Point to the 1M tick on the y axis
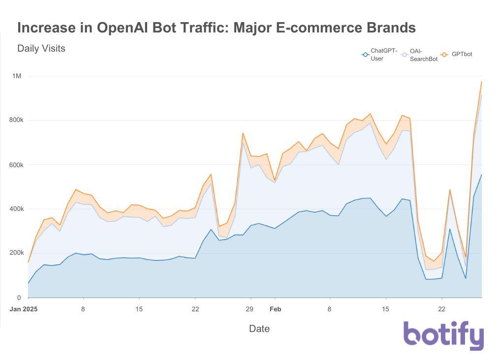coord(17,76)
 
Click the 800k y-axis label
coord(16,120)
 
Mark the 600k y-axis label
coord(16,165)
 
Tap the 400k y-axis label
coord(16,209)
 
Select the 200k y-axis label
coord(16,253)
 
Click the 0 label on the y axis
coord(19,298)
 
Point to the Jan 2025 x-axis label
coord(24,309)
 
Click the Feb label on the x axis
coord(275,309)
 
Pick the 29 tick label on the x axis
coord(249,309)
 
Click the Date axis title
coord(259,329)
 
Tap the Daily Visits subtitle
coord(41,48)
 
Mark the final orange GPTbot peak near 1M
coord(481,82)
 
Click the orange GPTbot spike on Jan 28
coord(243,133)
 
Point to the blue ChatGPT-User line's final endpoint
coord(481,175)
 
